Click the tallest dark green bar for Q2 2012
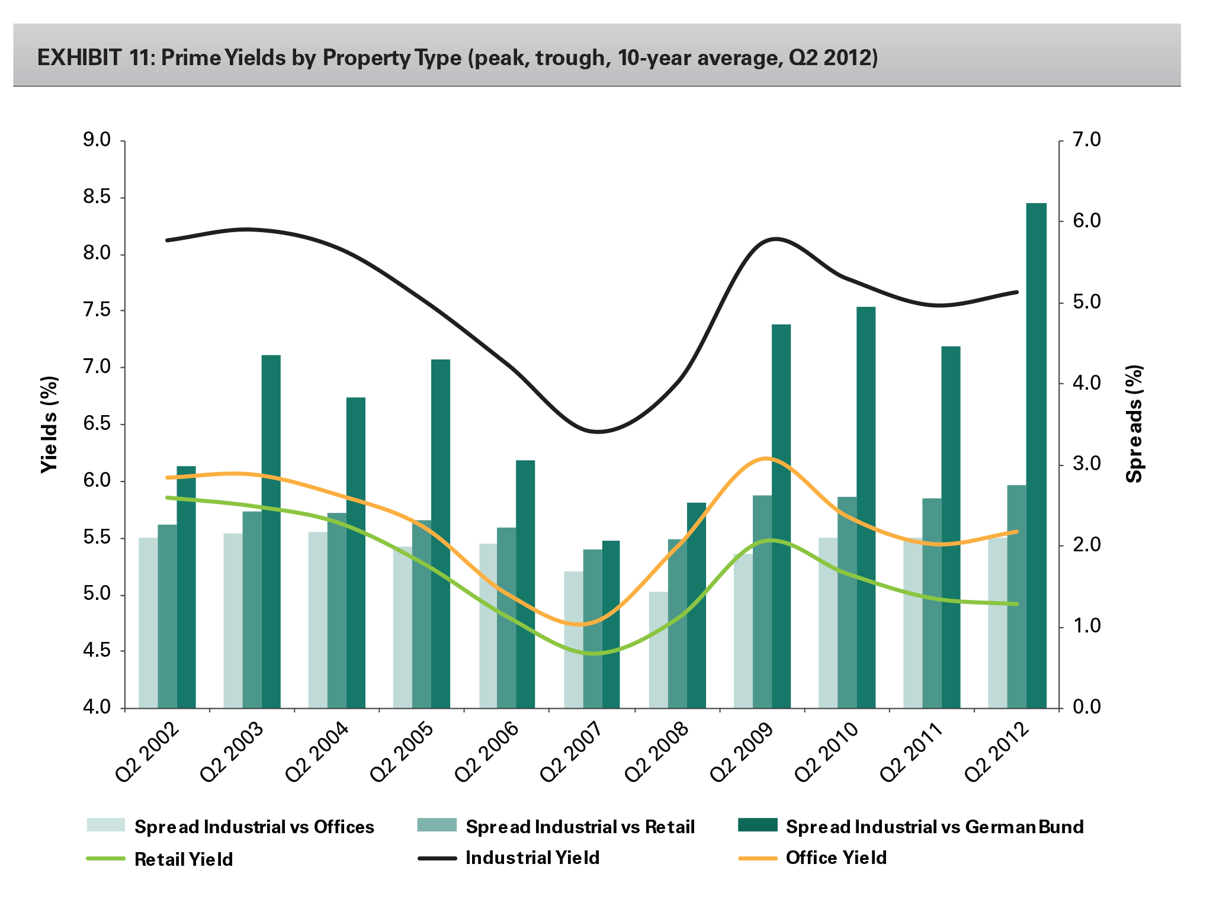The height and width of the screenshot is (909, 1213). (x=1036, y=456)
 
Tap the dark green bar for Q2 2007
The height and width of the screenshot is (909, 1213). (x=611, y=624)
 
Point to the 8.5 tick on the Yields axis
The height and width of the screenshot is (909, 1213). (x=98, y=197)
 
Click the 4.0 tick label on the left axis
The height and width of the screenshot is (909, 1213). (x=98, y=708)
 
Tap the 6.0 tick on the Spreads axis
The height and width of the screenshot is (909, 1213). (x=1086, y=221)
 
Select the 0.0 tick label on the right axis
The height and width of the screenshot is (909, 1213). (x=1086, y=707)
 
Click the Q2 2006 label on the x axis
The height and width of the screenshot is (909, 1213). (x=487, y=752)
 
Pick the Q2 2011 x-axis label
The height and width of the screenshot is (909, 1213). (x=911, y=752)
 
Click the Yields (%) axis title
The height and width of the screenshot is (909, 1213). (x=50, y=424)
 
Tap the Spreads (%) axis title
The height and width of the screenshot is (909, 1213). (x=1134, y=424)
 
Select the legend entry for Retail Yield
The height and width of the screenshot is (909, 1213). (x=184, y=859)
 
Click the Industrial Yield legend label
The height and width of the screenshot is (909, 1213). (x=532, y=858)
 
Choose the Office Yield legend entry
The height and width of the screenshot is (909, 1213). (x=836, y=858)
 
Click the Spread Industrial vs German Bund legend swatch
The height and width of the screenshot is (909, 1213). (x=758, y=825)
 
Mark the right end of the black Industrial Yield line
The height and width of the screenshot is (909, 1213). (x=1017, y=292)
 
